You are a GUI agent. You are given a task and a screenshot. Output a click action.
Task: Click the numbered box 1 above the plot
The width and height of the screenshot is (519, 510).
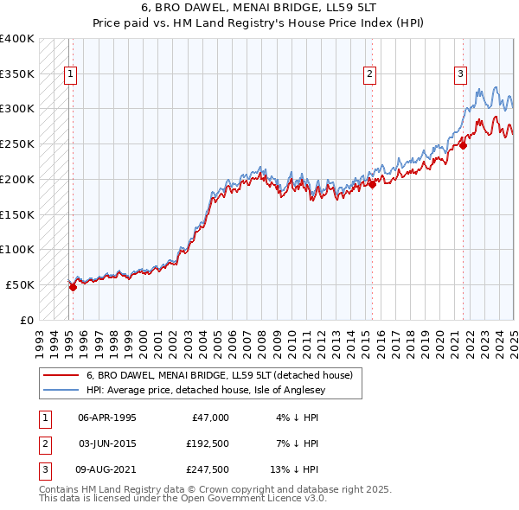coord(70,74)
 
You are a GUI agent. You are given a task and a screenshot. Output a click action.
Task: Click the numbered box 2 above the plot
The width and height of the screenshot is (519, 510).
coord(369,74)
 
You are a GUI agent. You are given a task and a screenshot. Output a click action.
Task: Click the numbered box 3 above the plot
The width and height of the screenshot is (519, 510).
coord(460,74)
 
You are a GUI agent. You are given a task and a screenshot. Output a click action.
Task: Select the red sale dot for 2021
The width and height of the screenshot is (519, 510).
coord(464,145)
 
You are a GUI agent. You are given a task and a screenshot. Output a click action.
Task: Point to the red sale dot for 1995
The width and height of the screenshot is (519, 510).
coord(73,287)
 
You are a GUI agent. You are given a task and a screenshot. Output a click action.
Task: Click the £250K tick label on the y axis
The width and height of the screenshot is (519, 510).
coord(16,143)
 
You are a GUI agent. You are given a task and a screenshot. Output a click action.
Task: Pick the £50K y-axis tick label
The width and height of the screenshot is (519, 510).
coord(20,284)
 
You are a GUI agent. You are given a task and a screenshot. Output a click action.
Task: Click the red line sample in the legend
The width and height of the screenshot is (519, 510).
coord(61,376)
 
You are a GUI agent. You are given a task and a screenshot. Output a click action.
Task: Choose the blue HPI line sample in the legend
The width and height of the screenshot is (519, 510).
coord(61,390)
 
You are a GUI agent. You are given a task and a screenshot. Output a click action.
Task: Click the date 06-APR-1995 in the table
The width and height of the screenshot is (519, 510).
coord(107,418)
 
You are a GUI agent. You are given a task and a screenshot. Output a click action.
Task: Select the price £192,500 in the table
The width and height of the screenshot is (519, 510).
coord(207,443)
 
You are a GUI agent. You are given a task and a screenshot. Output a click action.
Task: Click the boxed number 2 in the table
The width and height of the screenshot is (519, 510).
coord(44,443)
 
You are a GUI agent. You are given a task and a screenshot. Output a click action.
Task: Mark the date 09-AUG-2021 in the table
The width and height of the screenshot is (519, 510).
coord(108,469)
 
